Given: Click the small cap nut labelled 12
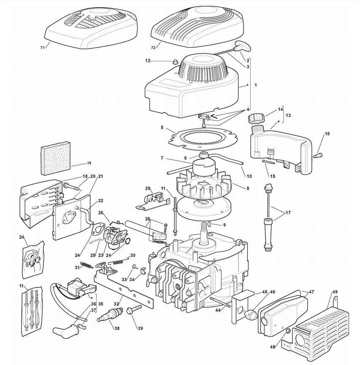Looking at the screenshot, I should pyautogui.click(x=172, y=62).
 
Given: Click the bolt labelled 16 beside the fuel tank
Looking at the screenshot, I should pyautogui.click(x=318, y=155).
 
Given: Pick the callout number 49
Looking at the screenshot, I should pyautogui.click(x=335, y=292).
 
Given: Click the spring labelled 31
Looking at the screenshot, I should pyautogui.click(x=87, y=264).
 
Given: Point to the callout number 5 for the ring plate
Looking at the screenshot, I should pyautogui.click(x=162, y=127).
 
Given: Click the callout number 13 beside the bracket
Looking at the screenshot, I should pyautogui.click(x=288, y=115).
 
